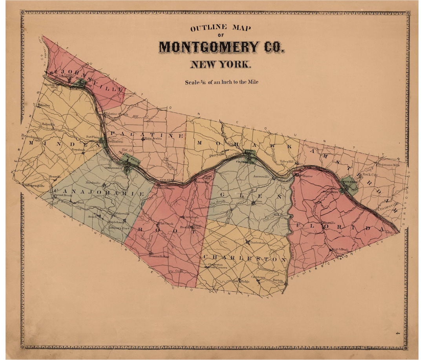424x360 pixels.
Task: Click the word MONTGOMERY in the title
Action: coord(209,47)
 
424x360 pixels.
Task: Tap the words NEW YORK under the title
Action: coord(220,64)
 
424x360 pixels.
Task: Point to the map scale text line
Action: coord(221,82)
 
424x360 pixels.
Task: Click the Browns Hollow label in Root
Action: coord(159,256)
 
